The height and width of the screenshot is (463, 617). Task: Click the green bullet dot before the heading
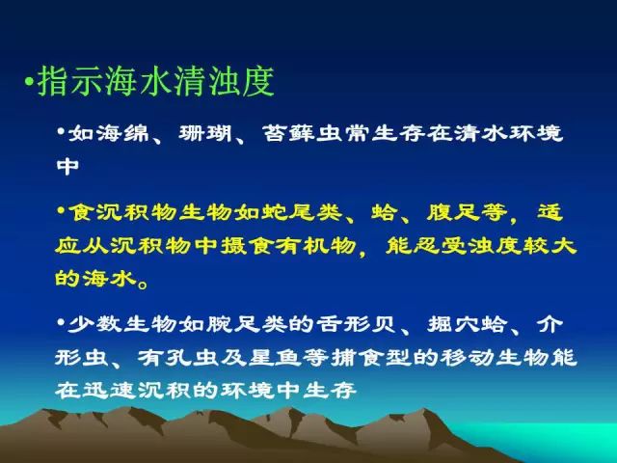28,81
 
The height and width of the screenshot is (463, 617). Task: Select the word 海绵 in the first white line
109,134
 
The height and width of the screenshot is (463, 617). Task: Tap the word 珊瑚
205,134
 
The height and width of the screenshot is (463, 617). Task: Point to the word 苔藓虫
302,134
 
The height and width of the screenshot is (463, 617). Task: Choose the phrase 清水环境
508,134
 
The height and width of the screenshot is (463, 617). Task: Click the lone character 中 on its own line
67,167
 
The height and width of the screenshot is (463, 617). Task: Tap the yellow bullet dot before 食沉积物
61,210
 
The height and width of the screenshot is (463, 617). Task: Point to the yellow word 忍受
440,246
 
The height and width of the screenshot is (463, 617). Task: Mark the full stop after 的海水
144,284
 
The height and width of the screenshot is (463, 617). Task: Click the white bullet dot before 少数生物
61,323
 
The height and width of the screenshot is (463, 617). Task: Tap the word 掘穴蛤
468,325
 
